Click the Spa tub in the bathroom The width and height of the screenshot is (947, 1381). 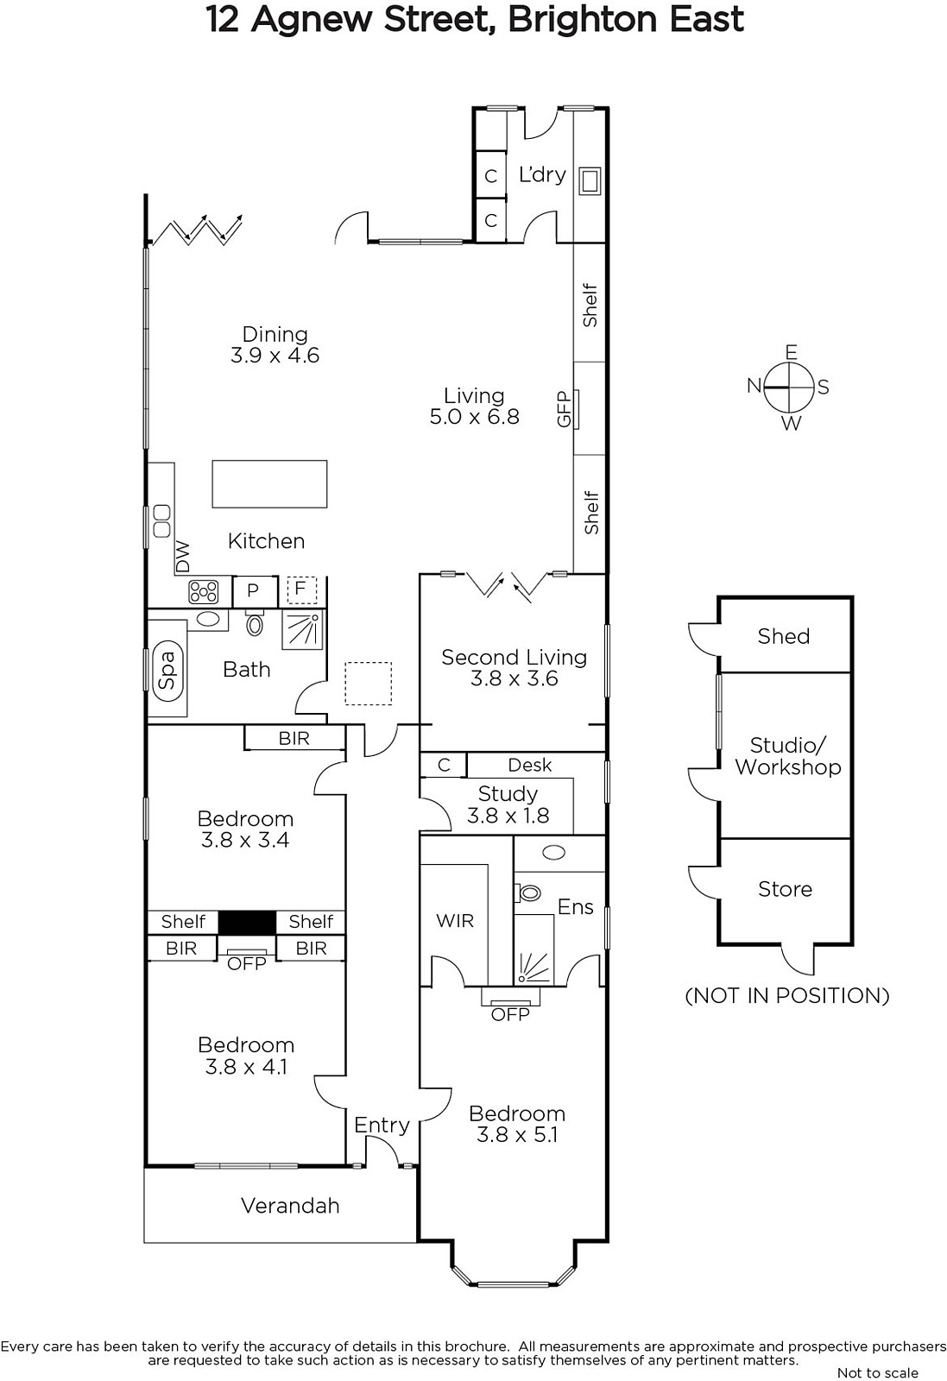point(167,671)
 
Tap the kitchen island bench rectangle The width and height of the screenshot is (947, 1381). point(269,484)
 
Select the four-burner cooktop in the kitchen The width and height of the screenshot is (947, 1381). point(204,592)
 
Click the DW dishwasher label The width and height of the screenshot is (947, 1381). point(183,557)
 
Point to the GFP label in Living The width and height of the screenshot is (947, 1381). point(564,409)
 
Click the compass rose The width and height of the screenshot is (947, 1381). point(790,388)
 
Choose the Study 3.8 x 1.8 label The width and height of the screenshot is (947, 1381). point(508,804)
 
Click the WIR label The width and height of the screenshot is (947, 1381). point(455,920)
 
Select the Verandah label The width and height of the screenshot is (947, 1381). point(290,1205)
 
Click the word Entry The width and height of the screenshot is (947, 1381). point(382,1126)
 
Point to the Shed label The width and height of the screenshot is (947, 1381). point(784,635)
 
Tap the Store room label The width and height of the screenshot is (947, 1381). point(785,888)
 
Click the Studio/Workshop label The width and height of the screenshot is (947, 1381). point(788,756)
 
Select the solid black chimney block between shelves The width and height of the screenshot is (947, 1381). point(247,923)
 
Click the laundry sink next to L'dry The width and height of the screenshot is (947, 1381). point(590,180)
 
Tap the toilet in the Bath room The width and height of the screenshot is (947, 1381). point(255,623)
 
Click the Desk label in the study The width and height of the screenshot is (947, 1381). point(529,765)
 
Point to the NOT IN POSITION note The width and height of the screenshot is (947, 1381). point(787,996)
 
